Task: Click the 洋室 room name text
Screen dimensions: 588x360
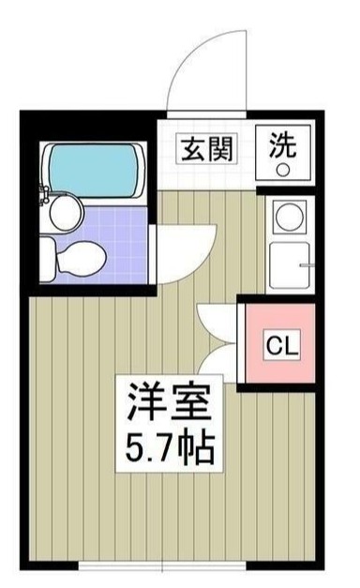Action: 171,402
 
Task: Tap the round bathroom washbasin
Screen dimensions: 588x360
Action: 65,214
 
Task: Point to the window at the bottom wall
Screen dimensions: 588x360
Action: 173,567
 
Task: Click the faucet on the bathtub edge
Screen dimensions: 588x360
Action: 45,194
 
